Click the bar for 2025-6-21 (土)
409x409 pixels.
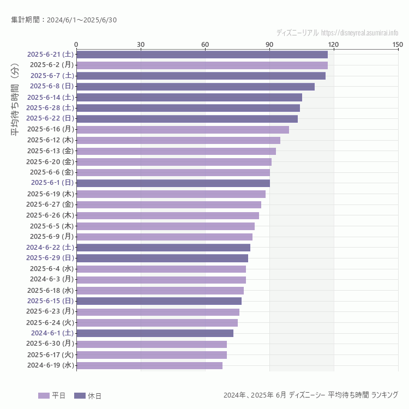[x=202, y=55]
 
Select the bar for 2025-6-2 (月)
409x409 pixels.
[x=202, y=65]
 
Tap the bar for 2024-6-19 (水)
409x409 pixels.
[x=149, y=365]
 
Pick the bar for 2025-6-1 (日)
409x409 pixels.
[x=173, y=183]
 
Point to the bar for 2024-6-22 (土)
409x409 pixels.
[x=163, y=247]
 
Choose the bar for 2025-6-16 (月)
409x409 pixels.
[x=182, y=129]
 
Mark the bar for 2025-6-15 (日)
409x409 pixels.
[x=159, y=301]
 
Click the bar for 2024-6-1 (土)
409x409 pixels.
[x=155, y=333]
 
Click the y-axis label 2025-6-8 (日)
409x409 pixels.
[x=52, y=86]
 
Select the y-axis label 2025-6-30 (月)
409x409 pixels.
[x=52, y=344]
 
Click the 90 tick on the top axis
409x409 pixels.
[x=269, y=44]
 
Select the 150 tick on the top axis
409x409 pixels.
[x=398, y=44]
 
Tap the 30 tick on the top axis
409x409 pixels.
[x=141, y=44]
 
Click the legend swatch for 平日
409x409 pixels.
[x=44, y=395]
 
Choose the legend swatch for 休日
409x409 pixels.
[x=80, y=395]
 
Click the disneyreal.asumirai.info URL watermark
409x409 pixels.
[x=359, y=33]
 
